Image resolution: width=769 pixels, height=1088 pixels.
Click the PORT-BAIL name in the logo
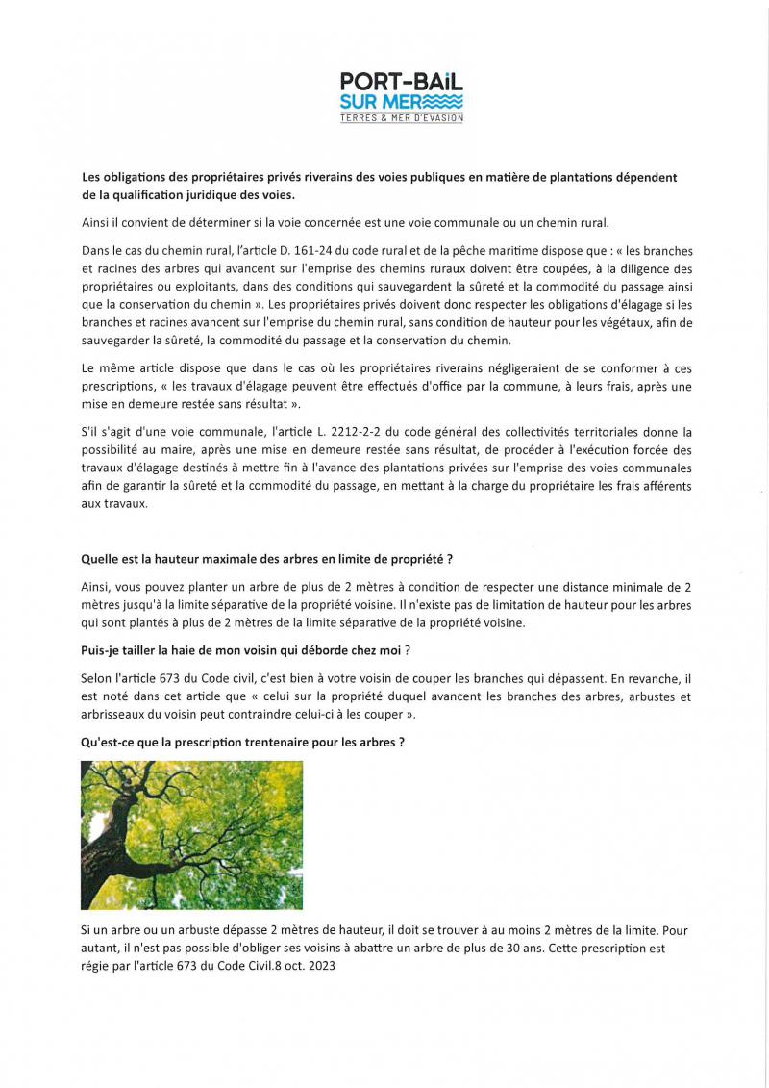pos(402,84)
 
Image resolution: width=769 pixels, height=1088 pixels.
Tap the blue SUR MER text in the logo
pos(371,102)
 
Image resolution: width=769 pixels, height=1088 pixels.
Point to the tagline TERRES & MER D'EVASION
pos(402,118)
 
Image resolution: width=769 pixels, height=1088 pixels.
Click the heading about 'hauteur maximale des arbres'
pos(267,560)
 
